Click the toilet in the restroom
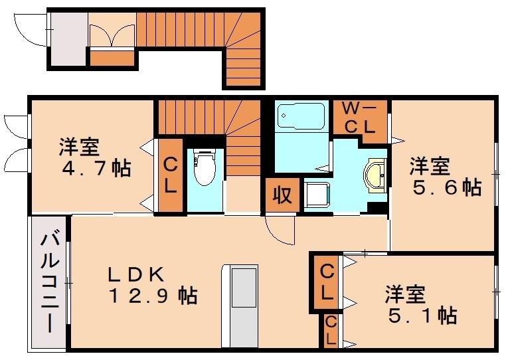(205, 169)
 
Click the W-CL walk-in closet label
(359, 118)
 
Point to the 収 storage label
(281, 195)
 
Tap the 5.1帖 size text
(422, 314)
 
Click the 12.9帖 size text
(153, 295)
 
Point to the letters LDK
(141, 272)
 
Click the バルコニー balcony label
(49, 283)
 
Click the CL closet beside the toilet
(170, 175)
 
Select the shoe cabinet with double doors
(112, 37)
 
